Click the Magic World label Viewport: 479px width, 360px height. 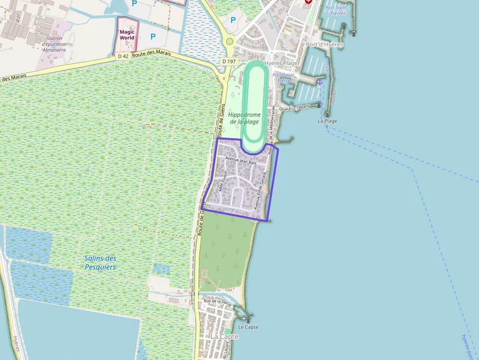pyautogui.click(x=127, y=35)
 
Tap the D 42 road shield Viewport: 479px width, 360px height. pyautogui.click(x=123, y=56)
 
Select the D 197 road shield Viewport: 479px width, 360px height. pyautogui.click(x=228, y=62)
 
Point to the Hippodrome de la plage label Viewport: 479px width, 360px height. pyautogui.click(x=244, y=118)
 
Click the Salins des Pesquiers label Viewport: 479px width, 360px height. pyautogui.click(x=100, y=262)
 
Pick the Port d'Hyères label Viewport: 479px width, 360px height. pyautogui.click(x=325, y=44)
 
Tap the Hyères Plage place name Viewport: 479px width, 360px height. pyautogui.click(x=281, y=64)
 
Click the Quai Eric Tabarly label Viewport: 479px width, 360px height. pyautogui.click(x=295, y=107)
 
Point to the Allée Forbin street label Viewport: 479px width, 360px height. pyautogui.click(x=224, y=181)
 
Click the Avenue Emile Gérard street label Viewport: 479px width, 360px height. pyautogui.click(x=261, y=191)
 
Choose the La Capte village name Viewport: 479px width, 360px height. pyautogui.click(x=225, y=337)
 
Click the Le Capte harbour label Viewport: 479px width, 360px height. pyautogui.click(x=248, y=327)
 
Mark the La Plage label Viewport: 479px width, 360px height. pyautogui.click(x=327, y=121)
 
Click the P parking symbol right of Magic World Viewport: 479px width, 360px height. pyautogui.click(x=153, y=36)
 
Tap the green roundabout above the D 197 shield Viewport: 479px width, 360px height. pyautogui.click(x=230, y=42)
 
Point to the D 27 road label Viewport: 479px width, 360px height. pyautogui.click(x=18, y=18)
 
